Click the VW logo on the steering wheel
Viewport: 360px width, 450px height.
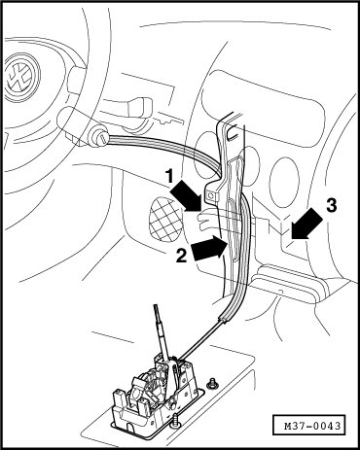pyautogui.click(x=23, y=77)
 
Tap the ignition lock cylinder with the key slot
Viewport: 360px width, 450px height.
pyautogui.click(x=100, y=137)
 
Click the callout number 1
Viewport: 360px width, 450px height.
pyautogui.click(x=169, y=178)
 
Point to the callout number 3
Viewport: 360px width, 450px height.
pyautogui.click(x=331, y=205)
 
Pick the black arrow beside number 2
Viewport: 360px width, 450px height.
pyautogui.click(x=208, y=248)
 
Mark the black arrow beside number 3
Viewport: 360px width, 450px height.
pyautogui.click(x=306, y=224)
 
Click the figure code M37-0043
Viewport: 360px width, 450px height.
pyautogui.click(x=308, y=426)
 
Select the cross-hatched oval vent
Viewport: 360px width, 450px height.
pyautogui.click(x=166, y=220)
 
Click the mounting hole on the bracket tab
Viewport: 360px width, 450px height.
pyautogui.click(x=211, y=195)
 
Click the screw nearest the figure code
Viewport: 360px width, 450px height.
pyautogui.click(x=212, y=383)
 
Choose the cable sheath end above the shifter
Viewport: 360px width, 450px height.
pyautogui.click(x=224, y=320)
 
